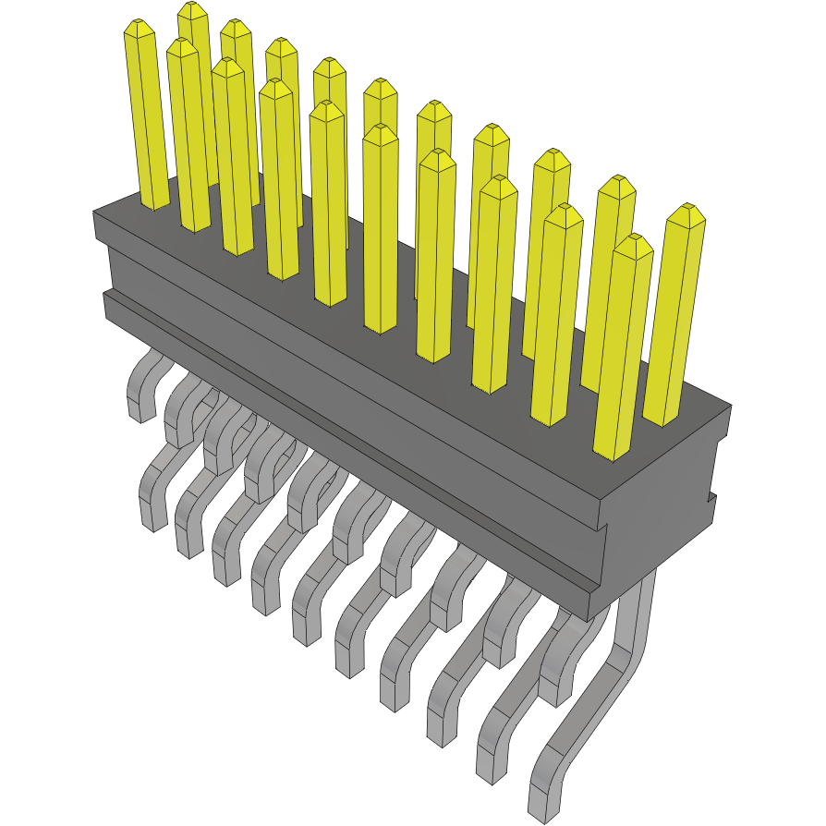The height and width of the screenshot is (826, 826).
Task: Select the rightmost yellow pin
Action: tap(674, 314)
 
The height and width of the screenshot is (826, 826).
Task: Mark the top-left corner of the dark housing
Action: tap(95, 213)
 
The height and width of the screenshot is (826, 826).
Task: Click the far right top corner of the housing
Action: tap(730, 405)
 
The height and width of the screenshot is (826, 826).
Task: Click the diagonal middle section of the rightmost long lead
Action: tap(582, 711)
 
